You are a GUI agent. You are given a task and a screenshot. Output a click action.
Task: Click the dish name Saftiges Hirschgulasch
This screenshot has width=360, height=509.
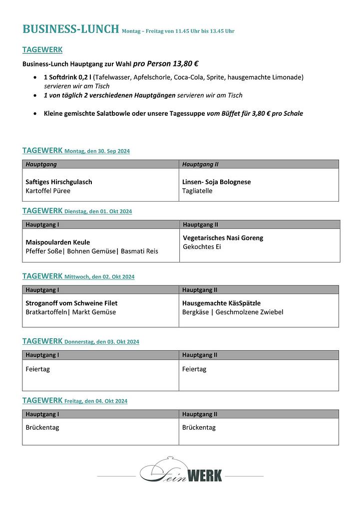tap(59, 182)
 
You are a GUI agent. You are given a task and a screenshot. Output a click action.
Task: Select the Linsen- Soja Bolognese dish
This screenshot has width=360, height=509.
tap(217, 182)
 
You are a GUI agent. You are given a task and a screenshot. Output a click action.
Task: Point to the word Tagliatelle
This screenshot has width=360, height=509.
tap(197, 191)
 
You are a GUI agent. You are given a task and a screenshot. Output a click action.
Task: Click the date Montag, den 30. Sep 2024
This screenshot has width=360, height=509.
tap(97, 151)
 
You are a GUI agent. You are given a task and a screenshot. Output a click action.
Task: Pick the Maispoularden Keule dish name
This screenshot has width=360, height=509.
tap(58, 242)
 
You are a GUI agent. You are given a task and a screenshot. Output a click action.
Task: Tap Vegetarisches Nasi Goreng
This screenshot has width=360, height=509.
tap(223, 238)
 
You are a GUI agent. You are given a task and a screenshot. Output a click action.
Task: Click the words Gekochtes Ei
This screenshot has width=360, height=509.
tap(202, 247)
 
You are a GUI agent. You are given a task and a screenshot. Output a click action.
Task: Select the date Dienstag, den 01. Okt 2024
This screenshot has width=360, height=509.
tap(98, 212)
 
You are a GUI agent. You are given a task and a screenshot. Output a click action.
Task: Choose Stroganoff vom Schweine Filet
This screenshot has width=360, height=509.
tap(71, 303)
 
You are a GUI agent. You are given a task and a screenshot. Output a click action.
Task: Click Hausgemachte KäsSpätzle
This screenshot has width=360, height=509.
tap(221, 303)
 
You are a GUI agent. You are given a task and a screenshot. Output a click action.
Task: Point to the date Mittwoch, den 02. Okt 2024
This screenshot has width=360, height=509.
tap(99, 277)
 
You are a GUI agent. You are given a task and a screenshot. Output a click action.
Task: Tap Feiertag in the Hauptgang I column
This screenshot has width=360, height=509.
tap(37, 369)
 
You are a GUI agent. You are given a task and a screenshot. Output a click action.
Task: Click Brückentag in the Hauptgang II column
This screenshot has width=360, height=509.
tap(199, 428)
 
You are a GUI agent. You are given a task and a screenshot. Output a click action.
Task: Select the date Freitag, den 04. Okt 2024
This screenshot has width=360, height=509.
tap(96, 401)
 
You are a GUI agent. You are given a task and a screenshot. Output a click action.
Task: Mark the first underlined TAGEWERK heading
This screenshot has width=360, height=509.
tap(42, 50)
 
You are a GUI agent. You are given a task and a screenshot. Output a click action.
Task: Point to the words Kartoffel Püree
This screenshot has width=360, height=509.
tap(48, 191)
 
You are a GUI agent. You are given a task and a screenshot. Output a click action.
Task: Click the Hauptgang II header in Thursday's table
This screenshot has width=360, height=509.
tap(200, 355)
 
